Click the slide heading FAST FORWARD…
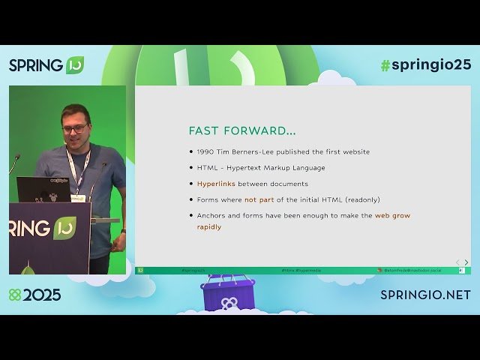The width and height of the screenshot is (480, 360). [241, 130]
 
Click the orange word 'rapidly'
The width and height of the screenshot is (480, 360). [209, 226]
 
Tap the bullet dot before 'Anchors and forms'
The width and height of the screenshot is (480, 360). [191, 216]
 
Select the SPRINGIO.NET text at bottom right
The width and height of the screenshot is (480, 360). [425, 295]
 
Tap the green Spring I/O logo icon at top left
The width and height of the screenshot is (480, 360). [75, 65]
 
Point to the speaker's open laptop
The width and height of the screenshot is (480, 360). [43, 190]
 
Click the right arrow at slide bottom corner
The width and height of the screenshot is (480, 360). [466, 262]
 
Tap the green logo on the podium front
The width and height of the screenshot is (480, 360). [65, 227]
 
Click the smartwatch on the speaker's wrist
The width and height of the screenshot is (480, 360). [123, 232]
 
